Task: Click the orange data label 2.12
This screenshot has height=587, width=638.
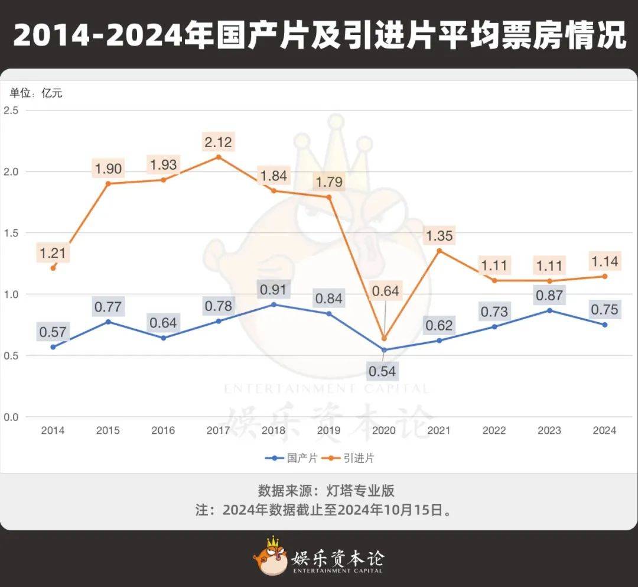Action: click(x=218, y=142)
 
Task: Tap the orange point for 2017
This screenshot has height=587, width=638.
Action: click(x=218, y=157)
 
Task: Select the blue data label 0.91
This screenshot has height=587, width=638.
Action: click(x=273, y=290)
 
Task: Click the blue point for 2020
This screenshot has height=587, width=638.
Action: click(x=384, y=350)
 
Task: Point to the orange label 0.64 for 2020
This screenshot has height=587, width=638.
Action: click(x=385, y=291)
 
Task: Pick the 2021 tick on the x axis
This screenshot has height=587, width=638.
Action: click(x=439, y=430)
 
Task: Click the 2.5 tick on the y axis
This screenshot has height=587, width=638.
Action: click(x=12, y=111)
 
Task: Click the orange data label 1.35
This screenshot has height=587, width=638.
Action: click(x=439, y=236)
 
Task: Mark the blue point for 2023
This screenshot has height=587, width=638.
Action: click(x=549, y=310)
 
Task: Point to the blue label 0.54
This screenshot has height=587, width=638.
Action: click(x=383, y=371)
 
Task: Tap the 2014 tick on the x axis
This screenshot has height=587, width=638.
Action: click(x=53, y=430)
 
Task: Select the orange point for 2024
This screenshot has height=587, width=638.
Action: click(x=604, y=276)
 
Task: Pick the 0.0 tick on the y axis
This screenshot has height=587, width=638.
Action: click(x=12, y=417)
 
